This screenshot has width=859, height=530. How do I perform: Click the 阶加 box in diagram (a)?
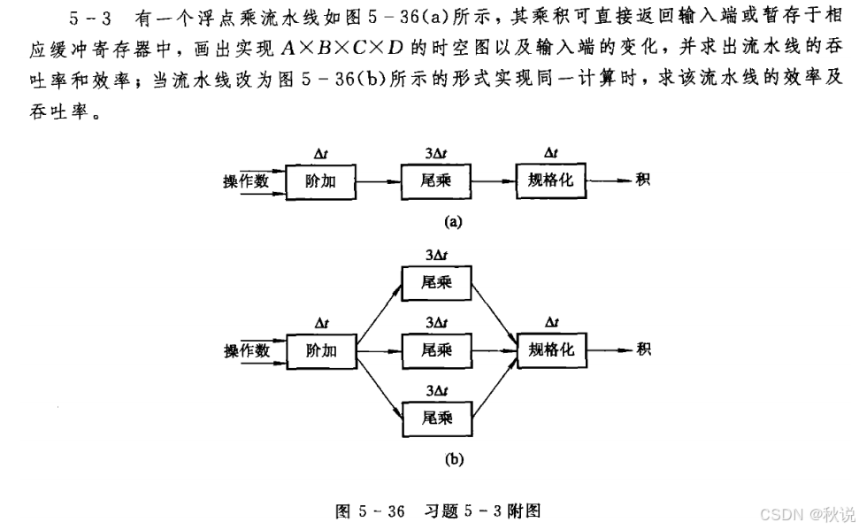coord(321,181)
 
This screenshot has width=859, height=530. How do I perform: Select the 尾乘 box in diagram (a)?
coord(436,181)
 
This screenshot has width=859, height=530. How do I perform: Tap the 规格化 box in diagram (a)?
coord(550,181)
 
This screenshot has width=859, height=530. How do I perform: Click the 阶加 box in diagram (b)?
coord(321,350)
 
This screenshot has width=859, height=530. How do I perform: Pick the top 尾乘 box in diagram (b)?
coord(436,282)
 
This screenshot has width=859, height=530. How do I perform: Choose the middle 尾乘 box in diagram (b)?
coord(436,350)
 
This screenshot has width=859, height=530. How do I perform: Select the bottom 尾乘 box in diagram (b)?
coord(436,418)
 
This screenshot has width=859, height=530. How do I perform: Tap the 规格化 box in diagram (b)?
coord(550,350)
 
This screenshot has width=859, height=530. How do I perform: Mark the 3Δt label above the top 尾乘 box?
coord(436,255)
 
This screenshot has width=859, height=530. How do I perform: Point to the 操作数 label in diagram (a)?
coord(247,181)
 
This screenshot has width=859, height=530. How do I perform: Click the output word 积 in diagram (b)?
coord(643,349)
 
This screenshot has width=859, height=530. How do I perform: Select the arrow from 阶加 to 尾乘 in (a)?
coord(378,181)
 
